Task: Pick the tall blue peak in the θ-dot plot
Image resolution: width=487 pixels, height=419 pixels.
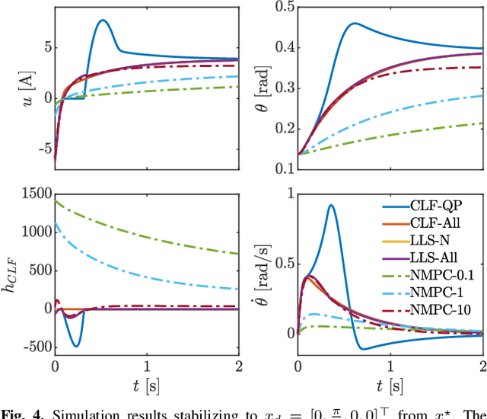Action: coord(331,205)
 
